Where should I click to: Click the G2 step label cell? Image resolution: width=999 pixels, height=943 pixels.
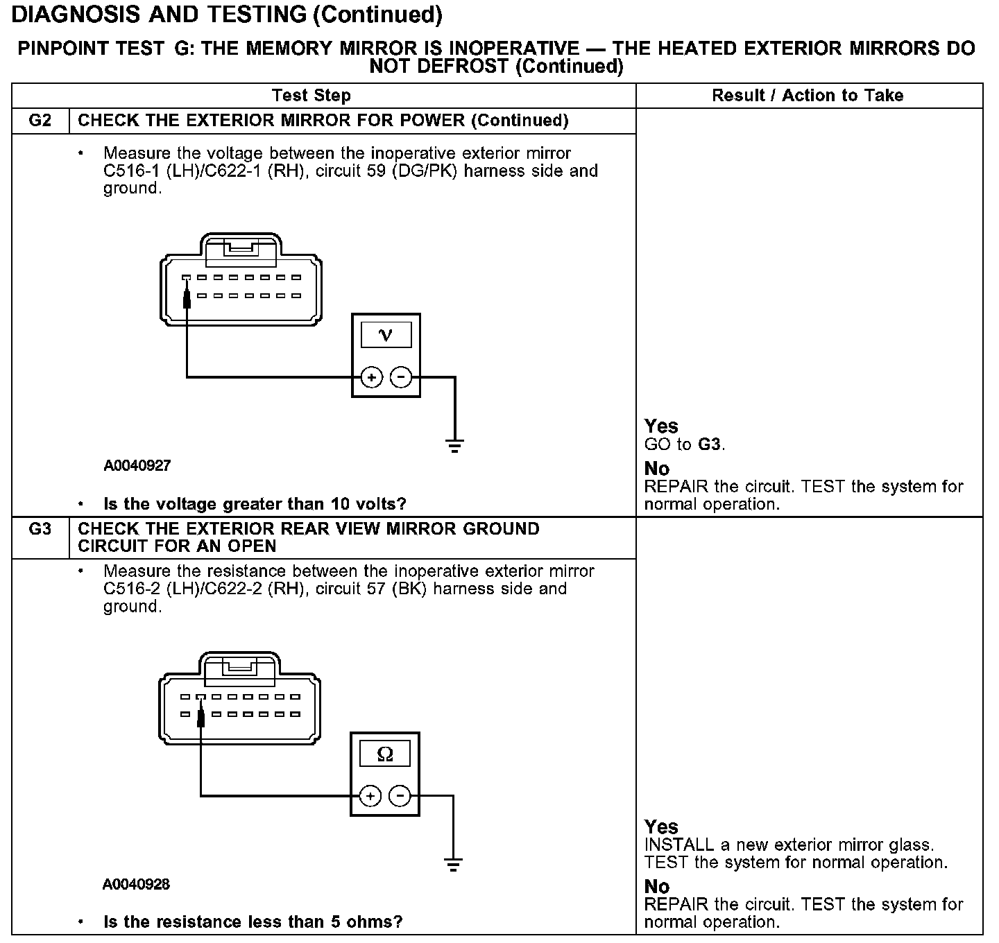40,121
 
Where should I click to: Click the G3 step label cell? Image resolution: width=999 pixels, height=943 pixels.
40,529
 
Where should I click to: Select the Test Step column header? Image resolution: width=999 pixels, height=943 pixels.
311,96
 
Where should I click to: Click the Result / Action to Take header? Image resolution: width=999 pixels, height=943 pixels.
808,96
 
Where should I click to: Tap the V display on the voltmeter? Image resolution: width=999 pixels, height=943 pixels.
386,336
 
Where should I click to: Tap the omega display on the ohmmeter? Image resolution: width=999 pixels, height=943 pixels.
385,754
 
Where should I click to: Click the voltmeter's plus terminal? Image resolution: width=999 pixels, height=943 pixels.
372,377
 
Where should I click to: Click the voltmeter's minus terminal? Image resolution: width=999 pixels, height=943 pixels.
401,377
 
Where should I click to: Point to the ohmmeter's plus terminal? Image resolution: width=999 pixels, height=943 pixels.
370,795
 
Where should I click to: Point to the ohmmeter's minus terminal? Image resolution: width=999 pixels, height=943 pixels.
400,795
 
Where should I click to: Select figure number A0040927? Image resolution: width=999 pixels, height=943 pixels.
137,465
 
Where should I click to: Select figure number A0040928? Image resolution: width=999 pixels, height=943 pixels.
136,884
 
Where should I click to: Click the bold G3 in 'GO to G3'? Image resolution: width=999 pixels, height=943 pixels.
709,444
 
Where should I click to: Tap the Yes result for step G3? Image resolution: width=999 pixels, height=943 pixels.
661,827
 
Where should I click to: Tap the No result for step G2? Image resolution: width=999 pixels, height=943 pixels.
657,469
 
